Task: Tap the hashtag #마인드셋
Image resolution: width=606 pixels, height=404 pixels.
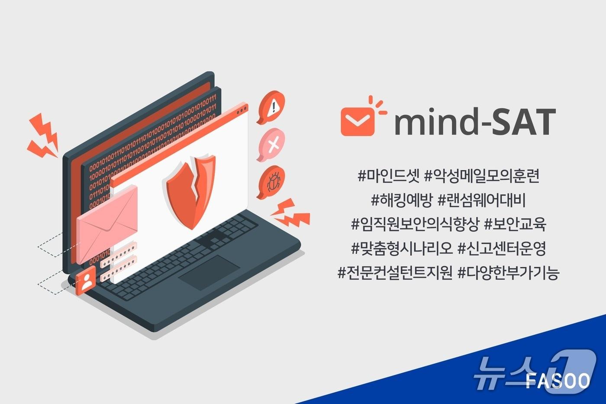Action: click(388, 176)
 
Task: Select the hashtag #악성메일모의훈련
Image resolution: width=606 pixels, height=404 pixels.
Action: click(482, 176)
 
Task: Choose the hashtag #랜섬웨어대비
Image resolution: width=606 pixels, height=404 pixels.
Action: click(481, 200)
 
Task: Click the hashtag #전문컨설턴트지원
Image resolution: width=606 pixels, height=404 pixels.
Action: click(395, 273)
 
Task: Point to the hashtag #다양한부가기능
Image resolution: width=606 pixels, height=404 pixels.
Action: click(509, 273)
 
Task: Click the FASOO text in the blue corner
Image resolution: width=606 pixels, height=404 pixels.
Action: click(558, 381)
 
